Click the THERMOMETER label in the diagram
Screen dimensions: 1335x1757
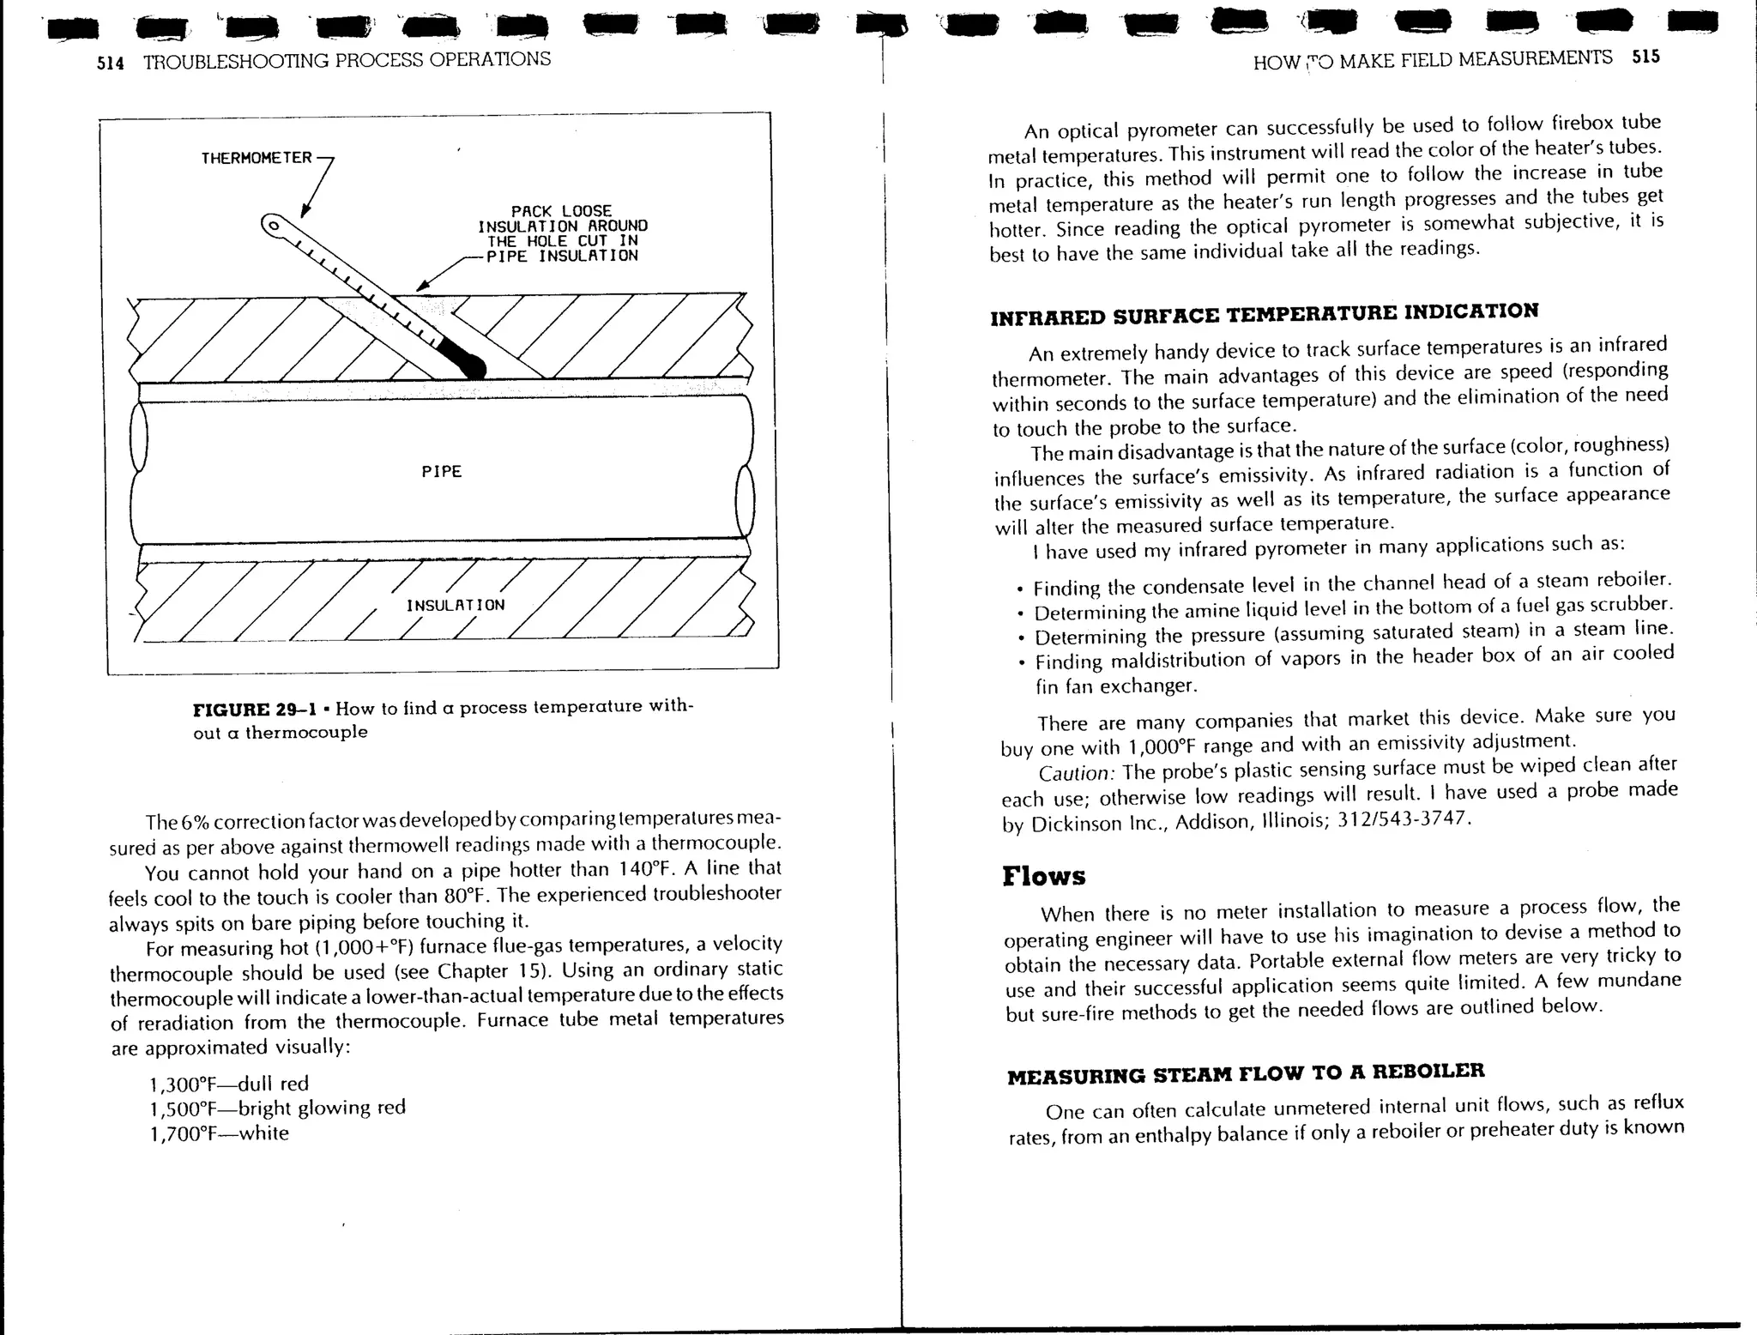[x=256, y=159]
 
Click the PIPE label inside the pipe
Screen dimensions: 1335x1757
[x=442, y=472]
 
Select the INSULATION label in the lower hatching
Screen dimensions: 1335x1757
[x=456, y=605]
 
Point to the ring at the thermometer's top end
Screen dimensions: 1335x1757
[x=273, y=227]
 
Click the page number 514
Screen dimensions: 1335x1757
[x=111, y=63]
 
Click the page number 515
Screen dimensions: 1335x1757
[x=1646, y=57]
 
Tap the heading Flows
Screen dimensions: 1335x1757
[x=1043, y=876]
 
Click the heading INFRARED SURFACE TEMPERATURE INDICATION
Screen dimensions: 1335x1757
[x=1264, y=314]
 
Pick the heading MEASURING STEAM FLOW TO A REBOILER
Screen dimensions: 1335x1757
[x=1246, y=1073]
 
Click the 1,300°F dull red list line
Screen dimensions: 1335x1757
[x=228, y=1084]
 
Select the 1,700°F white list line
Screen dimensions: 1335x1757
[x=219, y=1133]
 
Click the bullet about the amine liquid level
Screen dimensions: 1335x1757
[x=1353, y=610]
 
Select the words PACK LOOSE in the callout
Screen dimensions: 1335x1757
[x=561, y=211]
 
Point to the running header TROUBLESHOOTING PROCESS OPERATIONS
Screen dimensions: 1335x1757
[x=347, y=60]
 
